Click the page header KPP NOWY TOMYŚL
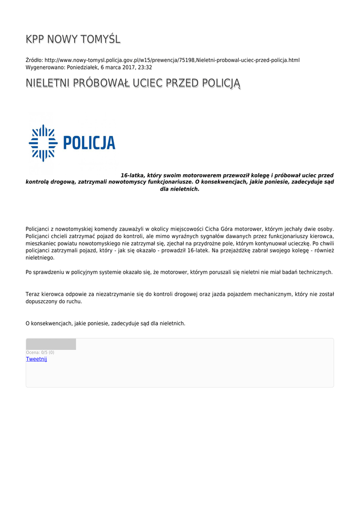pos(73,39)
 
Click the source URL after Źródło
pos(172,60)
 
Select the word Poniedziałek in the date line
pos(82,67)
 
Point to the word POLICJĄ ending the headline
pos(218,83)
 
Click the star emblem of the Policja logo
pos(43,143)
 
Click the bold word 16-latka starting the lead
pos(133,175)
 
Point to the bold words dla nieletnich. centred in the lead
pos(180,189)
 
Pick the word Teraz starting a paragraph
pos(33,294)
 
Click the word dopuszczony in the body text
pos(41,301)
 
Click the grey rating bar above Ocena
pos(51,344)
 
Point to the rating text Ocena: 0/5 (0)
pos(40,352)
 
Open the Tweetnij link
pos(36,359)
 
